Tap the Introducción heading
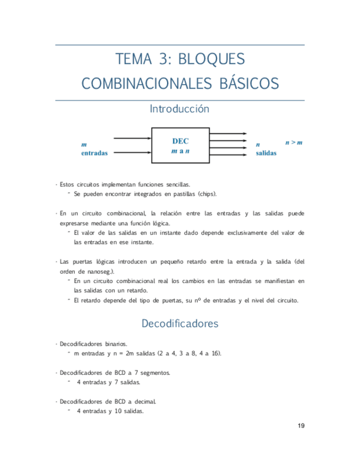coord(180,109)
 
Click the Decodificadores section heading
coord(180,324)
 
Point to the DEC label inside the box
coord(180,141)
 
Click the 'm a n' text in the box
coord(180,151)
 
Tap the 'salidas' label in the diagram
coord(266,153)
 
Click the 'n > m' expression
coord(293,143)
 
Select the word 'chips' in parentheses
coord(206,194)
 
